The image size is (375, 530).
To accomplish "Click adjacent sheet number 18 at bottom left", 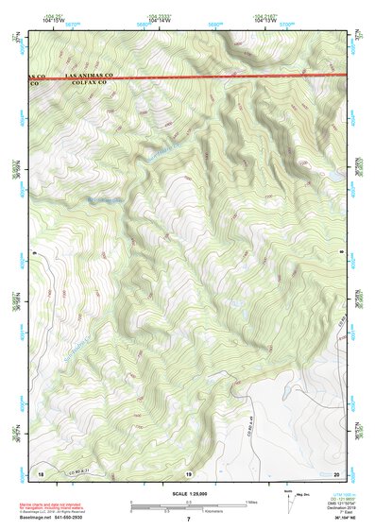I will tap(41, 472).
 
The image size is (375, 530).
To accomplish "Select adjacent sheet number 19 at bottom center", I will tap(188, 472).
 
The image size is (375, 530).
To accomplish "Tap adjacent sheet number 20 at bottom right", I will tap(335, 472).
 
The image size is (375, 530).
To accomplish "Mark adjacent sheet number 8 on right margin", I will tap(341, 254).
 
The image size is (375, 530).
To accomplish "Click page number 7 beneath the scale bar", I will tap(188, 520).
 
